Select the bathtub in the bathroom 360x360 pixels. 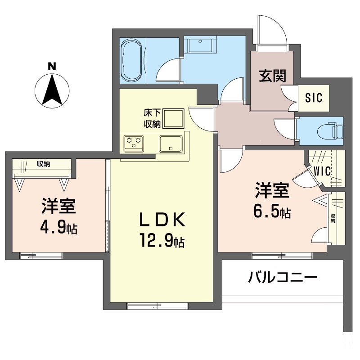[132, 60]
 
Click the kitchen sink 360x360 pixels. [170, 143]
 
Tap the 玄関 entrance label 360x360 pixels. [272, 76]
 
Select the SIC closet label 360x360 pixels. [314, 98]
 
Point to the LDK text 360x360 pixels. [162, 220]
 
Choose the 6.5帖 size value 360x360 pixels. [272, 212]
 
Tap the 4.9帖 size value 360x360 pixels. [58, 228]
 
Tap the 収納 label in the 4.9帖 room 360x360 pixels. [43, 164]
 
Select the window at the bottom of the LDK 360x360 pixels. [157, 306]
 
